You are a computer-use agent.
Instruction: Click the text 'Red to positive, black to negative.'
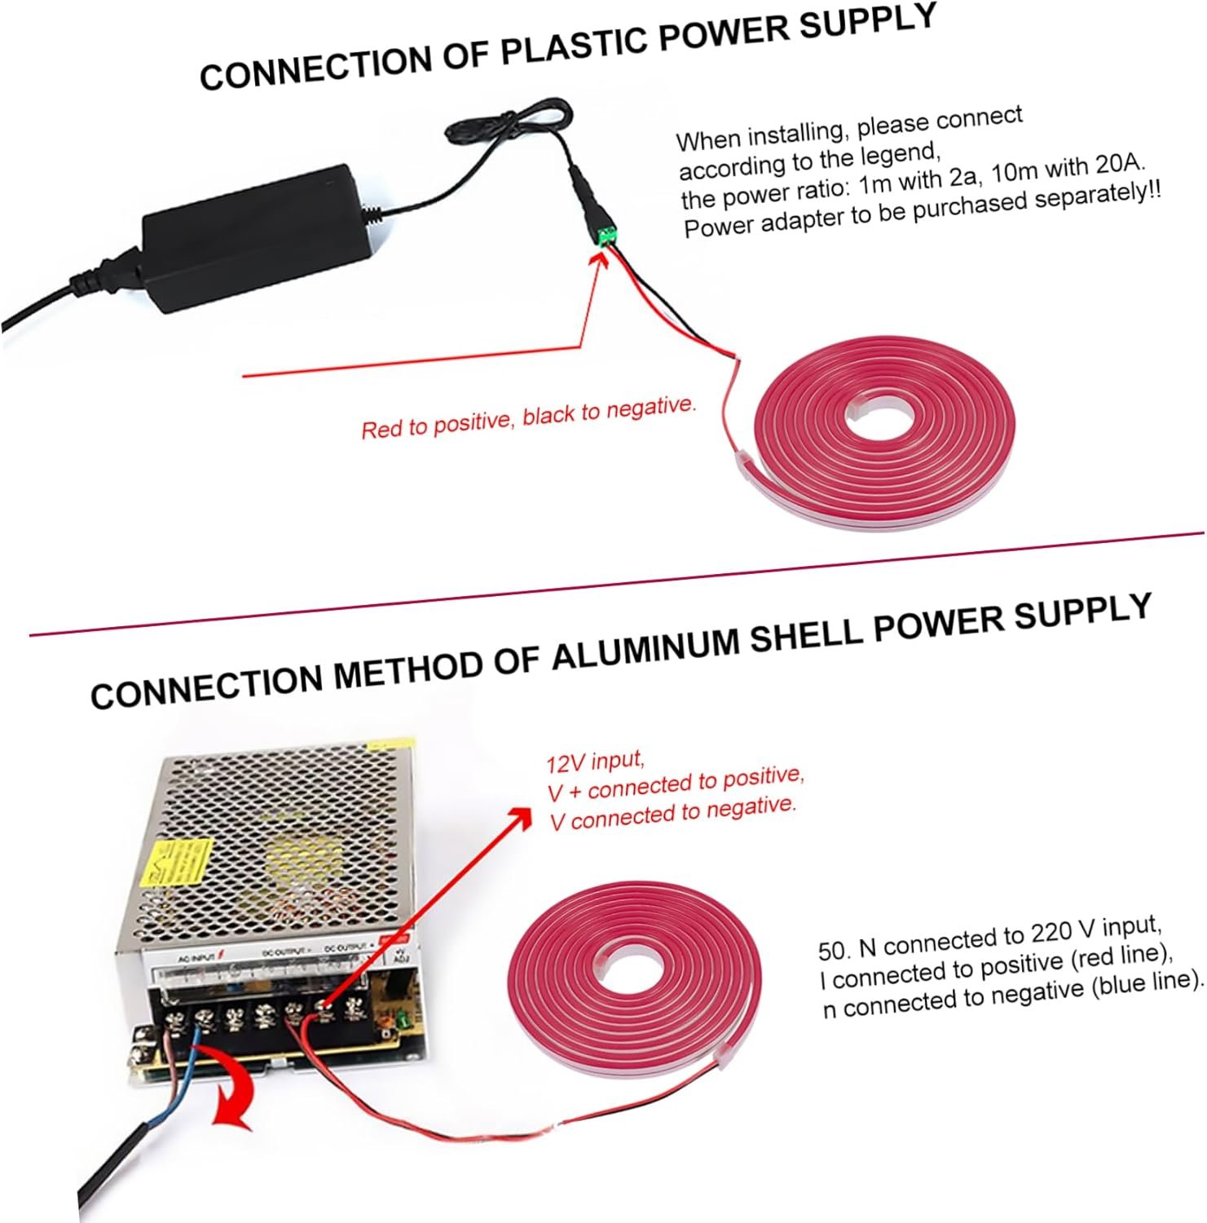click(x=529, y=417)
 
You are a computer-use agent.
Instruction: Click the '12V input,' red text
click(x=595, y=762)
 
